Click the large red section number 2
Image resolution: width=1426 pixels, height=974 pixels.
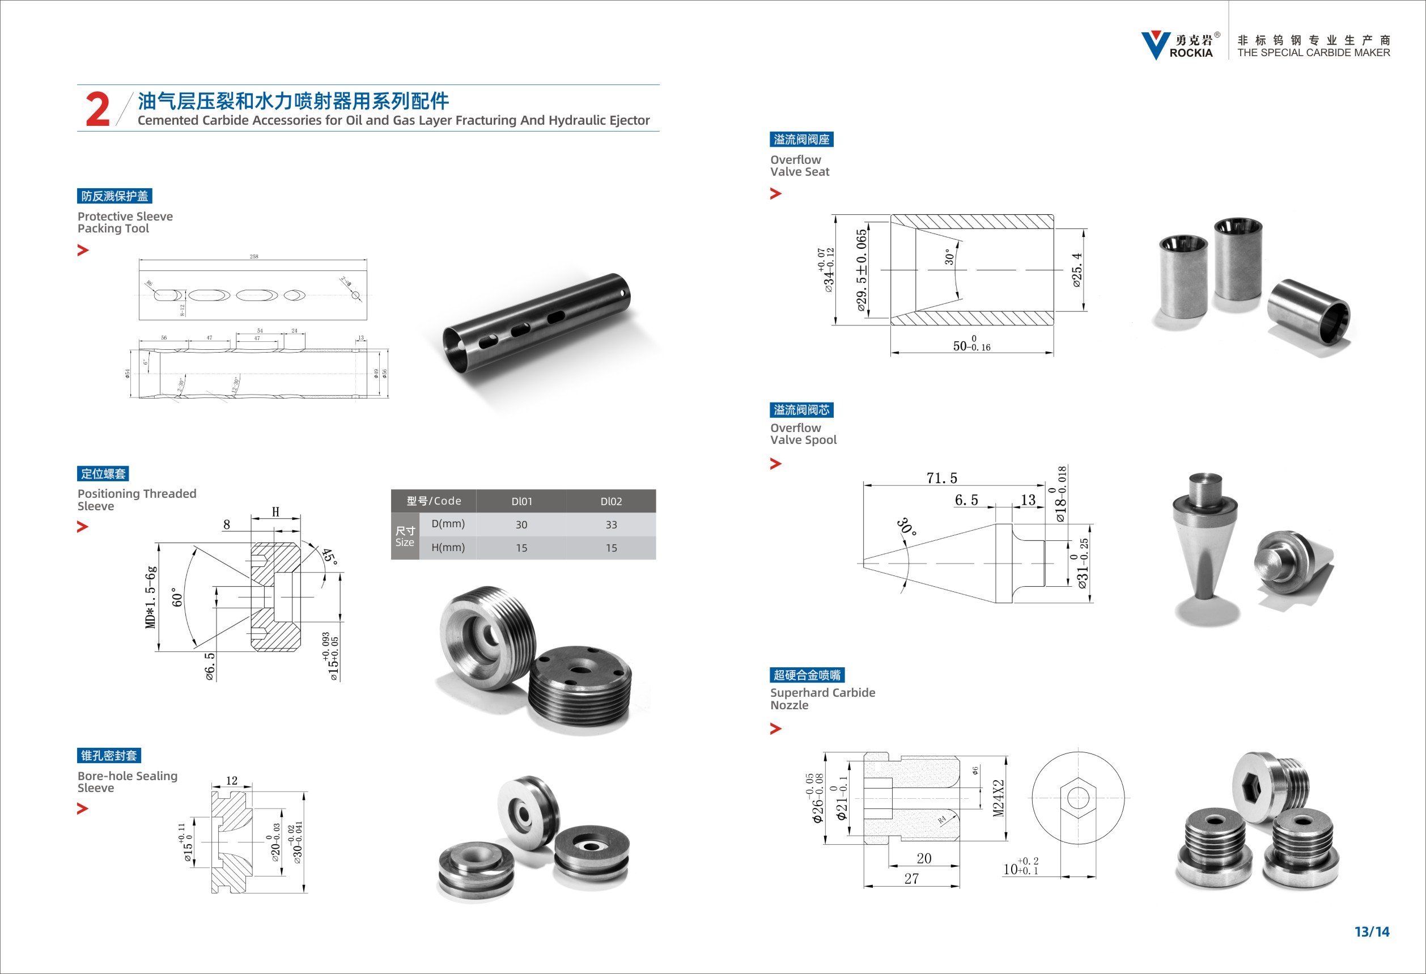(97, 109)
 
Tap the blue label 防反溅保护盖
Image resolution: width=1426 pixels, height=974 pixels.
(114, 196)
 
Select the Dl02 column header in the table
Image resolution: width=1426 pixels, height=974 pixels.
(610, 501)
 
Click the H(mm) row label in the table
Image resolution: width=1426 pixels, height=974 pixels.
(447, 548)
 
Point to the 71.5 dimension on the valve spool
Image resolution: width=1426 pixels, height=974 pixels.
(941, 477)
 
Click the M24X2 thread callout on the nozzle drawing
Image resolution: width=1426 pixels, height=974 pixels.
(998, 798)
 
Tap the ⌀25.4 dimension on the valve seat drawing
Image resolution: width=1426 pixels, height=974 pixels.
(1077, 270)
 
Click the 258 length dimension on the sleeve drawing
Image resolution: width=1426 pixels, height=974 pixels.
(253, 257)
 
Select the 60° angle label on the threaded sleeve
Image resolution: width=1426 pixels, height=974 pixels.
(177, 597)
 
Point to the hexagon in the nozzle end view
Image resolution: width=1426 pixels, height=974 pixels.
(1078, 798)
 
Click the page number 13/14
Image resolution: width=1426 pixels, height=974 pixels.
(1372, 931)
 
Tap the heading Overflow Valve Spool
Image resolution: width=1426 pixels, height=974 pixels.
(803, 433)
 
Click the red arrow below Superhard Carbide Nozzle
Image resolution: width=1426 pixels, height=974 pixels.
(775, 729)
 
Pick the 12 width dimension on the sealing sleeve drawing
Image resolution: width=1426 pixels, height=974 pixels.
(231, 780)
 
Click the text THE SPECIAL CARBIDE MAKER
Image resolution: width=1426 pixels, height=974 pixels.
(1313, 53)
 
